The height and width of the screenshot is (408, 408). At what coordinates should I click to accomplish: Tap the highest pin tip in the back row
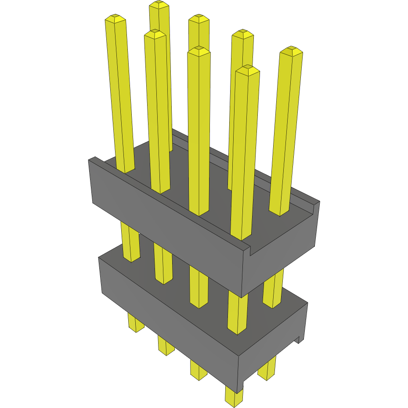coord(159,5)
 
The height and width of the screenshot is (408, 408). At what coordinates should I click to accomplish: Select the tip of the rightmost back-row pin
coord(291,51)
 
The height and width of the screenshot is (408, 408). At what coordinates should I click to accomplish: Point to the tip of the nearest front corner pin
coord(247,69)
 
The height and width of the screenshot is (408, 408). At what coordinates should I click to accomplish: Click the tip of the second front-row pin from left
coord(155,34)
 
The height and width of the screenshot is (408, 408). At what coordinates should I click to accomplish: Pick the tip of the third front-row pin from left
coord(199,50)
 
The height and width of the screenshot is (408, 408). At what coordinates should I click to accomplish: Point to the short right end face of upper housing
coord(281,250)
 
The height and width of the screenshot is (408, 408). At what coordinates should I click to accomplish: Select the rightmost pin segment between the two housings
coord(273,290)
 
